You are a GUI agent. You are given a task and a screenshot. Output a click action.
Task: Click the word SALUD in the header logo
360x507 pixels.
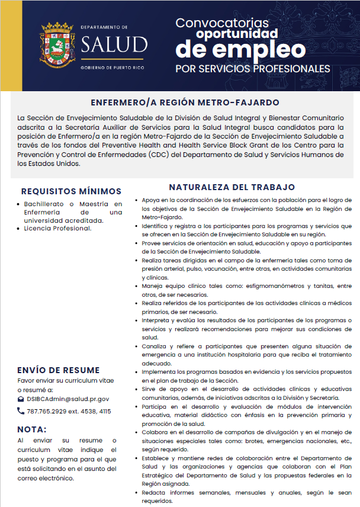coord(115,44)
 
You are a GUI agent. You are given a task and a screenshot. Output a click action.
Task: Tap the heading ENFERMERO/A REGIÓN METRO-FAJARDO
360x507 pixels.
coord(181,102)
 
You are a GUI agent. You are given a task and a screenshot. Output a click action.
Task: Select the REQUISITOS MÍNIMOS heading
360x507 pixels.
coord(71,191)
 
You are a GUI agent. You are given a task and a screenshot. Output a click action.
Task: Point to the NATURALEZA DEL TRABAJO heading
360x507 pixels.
coord(232,187)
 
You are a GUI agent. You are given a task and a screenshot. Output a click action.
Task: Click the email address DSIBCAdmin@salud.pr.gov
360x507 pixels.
coord(67,399)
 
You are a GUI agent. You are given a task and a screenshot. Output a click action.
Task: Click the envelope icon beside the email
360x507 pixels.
coord(21,399)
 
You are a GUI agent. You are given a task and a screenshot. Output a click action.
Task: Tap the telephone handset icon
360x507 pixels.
coord(21,410)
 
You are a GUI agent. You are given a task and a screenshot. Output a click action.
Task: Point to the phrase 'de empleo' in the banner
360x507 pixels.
coord(240,48)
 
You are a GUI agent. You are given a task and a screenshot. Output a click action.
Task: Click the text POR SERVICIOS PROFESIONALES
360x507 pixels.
coord(253,69)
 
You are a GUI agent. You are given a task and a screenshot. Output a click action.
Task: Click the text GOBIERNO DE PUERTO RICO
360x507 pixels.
coord(114,68)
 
